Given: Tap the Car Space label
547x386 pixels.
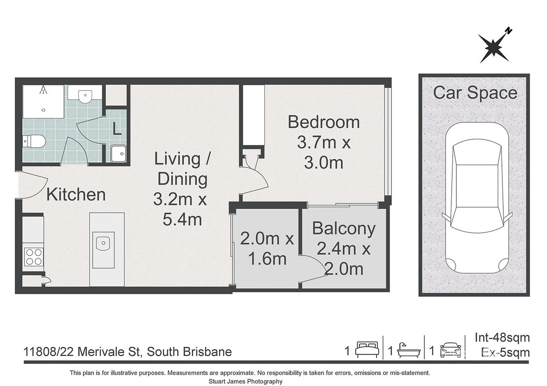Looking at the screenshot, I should click(x=475, y=93).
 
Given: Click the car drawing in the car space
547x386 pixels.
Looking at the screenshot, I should click(x=475, y=200).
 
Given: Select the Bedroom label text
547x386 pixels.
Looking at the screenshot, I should click(x=324, y=122).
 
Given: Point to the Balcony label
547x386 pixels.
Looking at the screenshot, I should click(x=344, y=229).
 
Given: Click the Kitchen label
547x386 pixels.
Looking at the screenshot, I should click(x=76, y=195).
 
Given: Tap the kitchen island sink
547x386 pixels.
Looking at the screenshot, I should click(x=101, y=243).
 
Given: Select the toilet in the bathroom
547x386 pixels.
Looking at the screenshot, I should click(x=34, y=142).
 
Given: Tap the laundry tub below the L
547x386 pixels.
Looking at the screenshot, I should click(x=119, y=154).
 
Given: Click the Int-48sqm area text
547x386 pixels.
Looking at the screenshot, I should click(x=502, y=338).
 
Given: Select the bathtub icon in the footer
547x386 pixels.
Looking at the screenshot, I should click(x=408, y=351).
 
